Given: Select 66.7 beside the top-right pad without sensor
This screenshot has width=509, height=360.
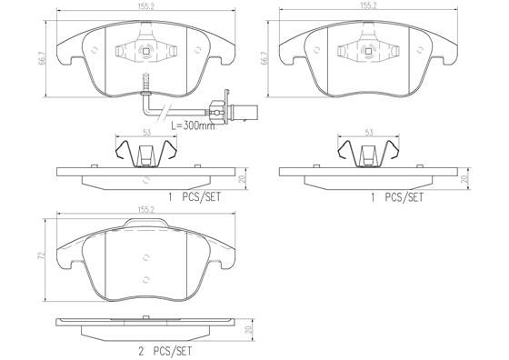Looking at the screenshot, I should click(x=264, y=60).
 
